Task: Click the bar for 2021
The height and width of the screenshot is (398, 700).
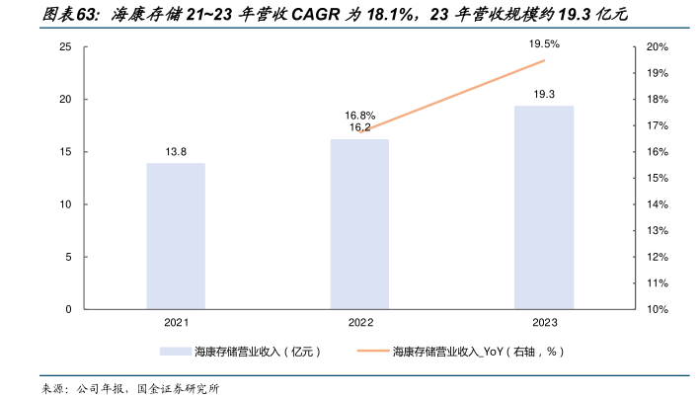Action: (176, 236)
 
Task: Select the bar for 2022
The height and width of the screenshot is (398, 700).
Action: (359, 224)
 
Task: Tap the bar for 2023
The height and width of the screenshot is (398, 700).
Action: (543, 207)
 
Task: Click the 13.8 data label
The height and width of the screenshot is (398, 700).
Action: (176, 151)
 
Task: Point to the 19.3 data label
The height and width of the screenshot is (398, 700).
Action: (544, 94)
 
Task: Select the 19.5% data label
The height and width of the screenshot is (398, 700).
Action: (544, 44)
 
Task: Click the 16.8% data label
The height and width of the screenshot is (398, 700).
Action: (359, 115)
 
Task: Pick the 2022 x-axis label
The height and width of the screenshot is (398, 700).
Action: (359, 323)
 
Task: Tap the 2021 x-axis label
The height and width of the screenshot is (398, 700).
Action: (176, 323)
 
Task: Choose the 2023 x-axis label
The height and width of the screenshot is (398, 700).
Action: (543, 323)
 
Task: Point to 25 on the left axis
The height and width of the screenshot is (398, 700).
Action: (64, 47)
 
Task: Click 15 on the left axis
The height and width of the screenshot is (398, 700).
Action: (64, 152)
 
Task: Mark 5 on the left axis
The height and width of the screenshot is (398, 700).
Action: (67, 257)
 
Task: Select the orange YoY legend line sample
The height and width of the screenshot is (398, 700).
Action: (362, 352)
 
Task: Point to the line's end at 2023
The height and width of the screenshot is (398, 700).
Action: (544, 60)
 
